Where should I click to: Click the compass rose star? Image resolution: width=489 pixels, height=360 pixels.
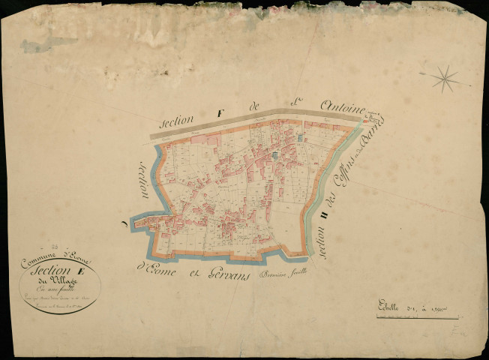tap(445, 77)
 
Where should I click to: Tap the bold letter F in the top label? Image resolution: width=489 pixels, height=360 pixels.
tap(220, 113)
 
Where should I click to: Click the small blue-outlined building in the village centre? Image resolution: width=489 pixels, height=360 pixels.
tap(275, 155)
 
